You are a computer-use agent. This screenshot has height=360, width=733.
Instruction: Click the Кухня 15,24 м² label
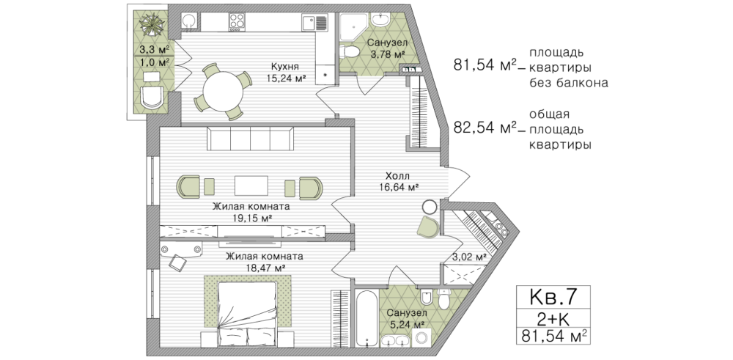(x=286, y=72)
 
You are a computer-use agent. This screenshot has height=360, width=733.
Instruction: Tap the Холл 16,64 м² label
(x=398, y=182)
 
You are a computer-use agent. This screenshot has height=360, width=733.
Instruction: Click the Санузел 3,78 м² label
(x=386, y=48)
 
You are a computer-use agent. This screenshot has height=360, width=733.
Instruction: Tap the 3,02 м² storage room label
(x=469, y=256)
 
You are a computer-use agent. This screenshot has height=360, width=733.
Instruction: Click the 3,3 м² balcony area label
(x=154, y=48)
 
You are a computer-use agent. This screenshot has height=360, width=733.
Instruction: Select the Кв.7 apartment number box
(x=553, y=296)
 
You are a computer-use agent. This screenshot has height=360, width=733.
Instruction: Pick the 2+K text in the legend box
(x=553, y=319)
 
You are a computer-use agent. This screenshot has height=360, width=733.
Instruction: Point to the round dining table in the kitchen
(x=224, y=92)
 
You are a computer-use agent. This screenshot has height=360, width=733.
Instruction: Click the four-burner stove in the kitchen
(x=237, y=21)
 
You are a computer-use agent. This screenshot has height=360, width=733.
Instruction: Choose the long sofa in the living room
(x=251, y=139)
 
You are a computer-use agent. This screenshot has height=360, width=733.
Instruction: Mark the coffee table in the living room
(x=251, y=185)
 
